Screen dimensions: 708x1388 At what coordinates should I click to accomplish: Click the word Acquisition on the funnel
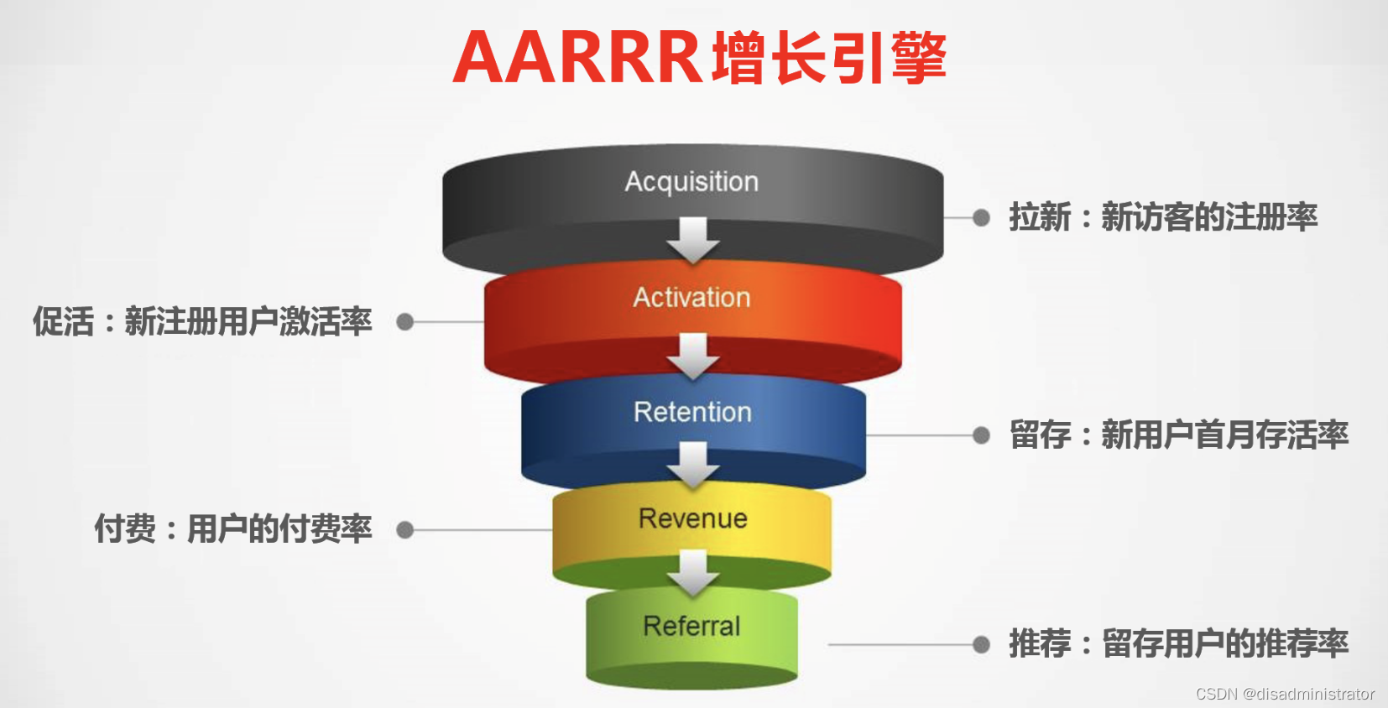pyautogui.click(x=691, y=181)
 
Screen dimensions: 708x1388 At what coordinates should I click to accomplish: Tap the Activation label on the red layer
pyautogui.click(x=691, y=297)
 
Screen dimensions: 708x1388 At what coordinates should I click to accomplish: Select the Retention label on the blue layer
pyautogui.click(x=692, y=412)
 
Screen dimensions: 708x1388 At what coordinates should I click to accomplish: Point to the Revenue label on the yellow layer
pyautogui.click(x=693, y=518)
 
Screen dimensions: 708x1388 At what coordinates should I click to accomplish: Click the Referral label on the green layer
pyautogui.click(x=691, y=626)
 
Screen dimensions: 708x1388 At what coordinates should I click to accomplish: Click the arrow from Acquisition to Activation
pyautogui.click(x=693, y=240)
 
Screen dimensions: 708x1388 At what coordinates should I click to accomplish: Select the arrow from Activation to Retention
pyautogui.click(x=693, y=356)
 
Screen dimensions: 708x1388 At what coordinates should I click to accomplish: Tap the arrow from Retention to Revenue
pyautogui.click(x=693, y=464)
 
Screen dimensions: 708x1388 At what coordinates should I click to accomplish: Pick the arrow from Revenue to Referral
pyautogui.click(x=693, y=572)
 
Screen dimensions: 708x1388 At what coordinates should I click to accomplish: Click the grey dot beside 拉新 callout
pyautogui.click(x=981, y=217)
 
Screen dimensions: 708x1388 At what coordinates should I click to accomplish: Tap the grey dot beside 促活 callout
pyautogui.click(x=405, y=322)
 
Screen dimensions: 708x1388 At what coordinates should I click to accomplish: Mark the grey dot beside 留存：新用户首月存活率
pyautogui.click(x=981, y=435)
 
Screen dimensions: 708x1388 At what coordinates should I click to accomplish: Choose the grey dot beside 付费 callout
pyautogui.click(x=405, y=530)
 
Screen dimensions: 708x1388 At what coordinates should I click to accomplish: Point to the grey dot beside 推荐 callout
pyautogui.click(x=981, y=644)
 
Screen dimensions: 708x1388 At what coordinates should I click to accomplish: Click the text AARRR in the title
pyautogui.click(x=577, y=58)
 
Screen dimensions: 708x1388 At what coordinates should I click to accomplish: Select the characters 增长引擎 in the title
pyautogui.click(x=829, y=58)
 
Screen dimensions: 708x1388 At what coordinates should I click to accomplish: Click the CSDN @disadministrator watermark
pyautogui.click(x=1285, y=694)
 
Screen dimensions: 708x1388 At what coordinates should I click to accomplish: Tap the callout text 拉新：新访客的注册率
pyautogui.click(x=1163, y=217)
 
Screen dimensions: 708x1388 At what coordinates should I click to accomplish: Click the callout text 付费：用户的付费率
pyautogui.click(x=233, y=529)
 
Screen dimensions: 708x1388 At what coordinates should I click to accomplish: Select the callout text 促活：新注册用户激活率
pyautogui.click(x=202, y=322)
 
